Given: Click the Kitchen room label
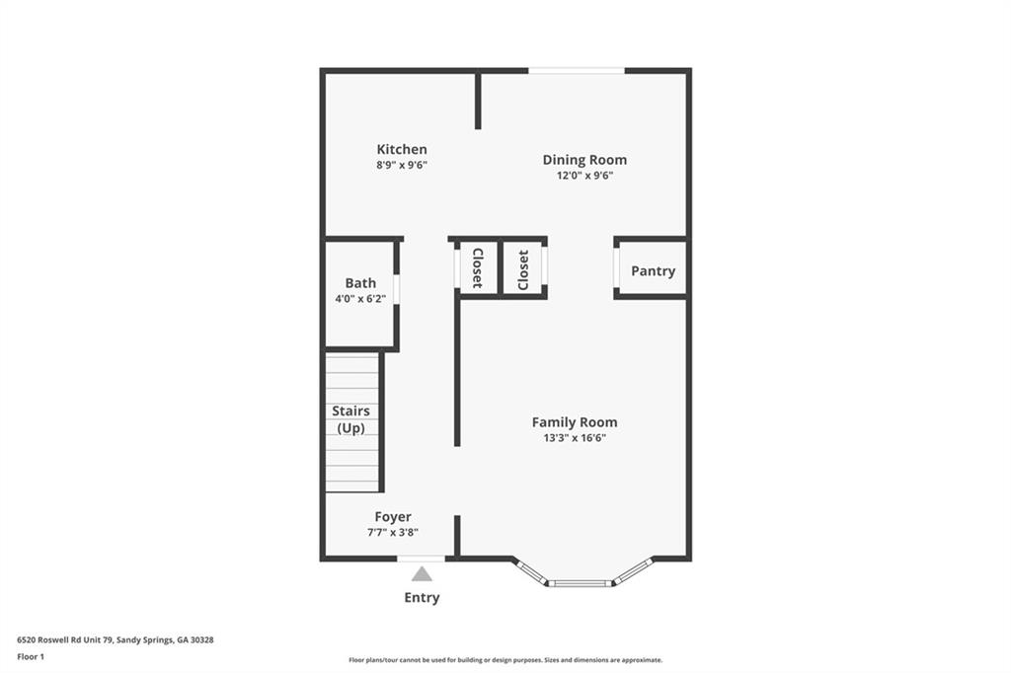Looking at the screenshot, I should (x=401, y=150).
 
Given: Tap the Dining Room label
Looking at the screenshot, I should (x=584, y=160).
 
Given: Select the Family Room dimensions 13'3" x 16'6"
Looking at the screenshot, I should (x=575, y=437).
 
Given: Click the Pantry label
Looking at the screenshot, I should (x=653, y=271).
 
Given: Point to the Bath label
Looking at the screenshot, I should (x=360, y=283).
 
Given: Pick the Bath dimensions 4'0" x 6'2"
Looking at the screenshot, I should (x=360, y=298).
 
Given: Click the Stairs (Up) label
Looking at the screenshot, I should (x=350, y=419).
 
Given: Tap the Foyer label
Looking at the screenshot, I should (x=393, y=517).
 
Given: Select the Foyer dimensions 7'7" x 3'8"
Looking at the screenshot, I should (x=393, y=532).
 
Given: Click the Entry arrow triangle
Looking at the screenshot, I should (x=422, y=573).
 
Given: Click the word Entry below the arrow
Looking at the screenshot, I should (x=422, y=598).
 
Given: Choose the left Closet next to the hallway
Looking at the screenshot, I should (x=477, y=268).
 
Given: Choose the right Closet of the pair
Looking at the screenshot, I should (x=523, y=268).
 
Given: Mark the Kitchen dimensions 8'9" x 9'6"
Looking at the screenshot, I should (x=401, y=165).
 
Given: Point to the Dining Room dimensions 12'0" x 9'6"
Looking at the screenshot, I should (x=584, y=176).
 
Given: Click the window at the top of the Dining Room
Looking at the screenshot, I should (x=577, y=70).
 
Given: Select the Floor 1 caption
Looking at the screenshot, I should (x=31, y=655).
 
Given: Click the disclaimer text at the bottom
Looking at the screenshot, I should (x=505, y=660).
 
